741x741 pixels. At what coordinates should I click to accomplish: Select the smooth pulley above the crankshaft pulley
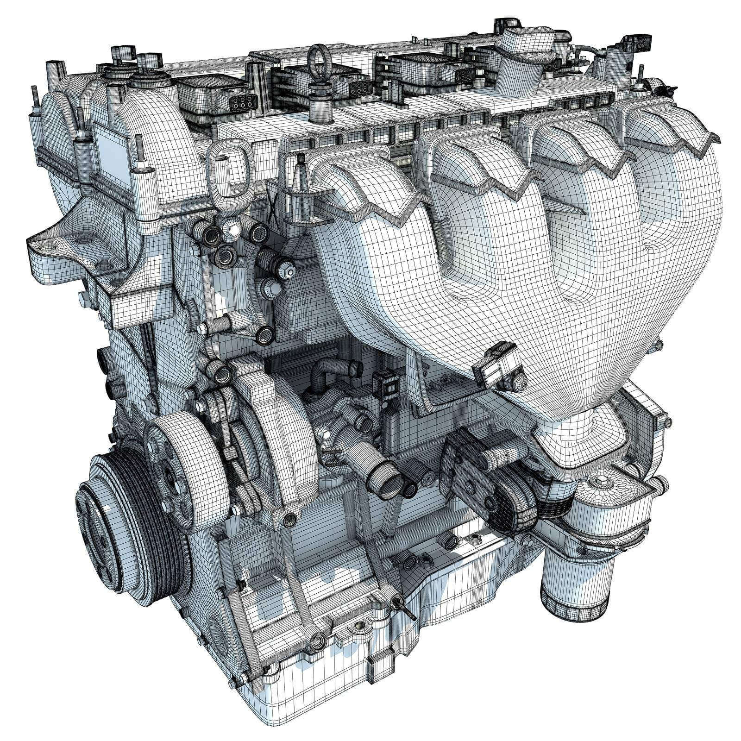[176, 477]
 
